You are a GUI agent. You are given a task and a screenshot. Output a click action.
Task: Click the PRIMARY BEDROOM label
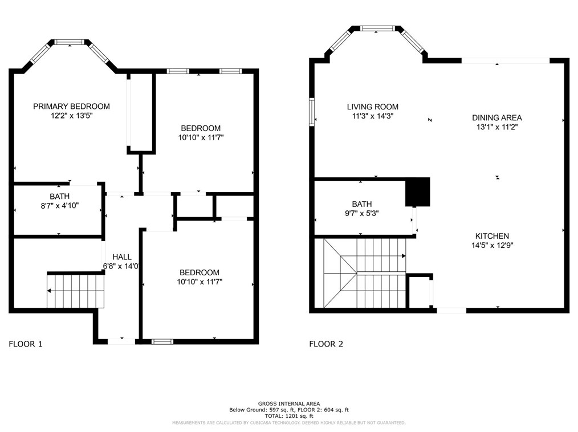coord(71,106)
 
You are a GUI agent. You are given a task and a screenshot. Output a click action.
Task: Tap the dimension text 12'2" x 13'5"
coord(71,116)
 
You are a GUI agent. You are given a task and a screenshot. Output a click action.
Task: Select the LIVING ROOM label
coord(373,107)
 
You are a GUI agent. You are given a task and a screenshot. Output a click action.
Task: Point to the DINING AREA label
coord(496,118)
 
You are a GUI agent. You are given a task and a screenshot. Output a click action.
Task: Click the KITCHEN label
coord(492,236)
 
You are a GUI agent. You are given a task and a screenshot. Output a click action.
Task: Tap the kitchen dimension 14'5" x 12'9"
coord(492,246)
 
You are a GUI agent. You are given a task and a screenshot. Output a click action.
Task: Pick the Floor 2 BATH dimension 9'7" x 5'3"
coord(361,213)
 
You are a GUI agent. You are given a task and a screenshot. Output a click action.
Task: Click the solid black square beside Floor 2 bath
coord(417,192)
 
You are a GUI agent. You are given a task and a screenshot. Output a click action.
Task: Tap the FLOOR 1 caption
coord(26,344)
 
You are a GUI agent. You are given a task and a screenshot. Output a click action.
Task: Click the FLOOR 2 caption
coord(326,344)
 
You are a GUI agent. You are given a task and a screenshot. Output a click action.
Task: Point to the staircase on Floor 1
coord(75,291)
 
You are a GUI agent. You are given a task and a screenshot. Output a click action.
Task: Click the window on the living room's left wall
coord(312,112)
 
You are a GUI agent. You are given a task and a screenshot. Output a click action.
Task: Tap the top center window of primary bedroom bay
coord(70,42)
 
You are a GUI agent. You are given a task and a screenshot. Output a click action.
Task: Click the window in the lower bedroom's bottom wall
coord(162,341)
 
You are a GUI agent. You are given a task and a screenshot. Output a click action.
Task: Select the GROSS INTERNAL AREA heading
coord(289,403)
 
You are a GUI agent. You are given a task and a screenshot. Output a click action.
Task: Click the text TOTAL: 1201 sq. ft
coord(289,416)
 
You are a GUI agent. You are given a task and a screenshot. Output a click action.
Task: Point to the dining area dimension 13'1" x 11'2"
coord(496,127)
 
